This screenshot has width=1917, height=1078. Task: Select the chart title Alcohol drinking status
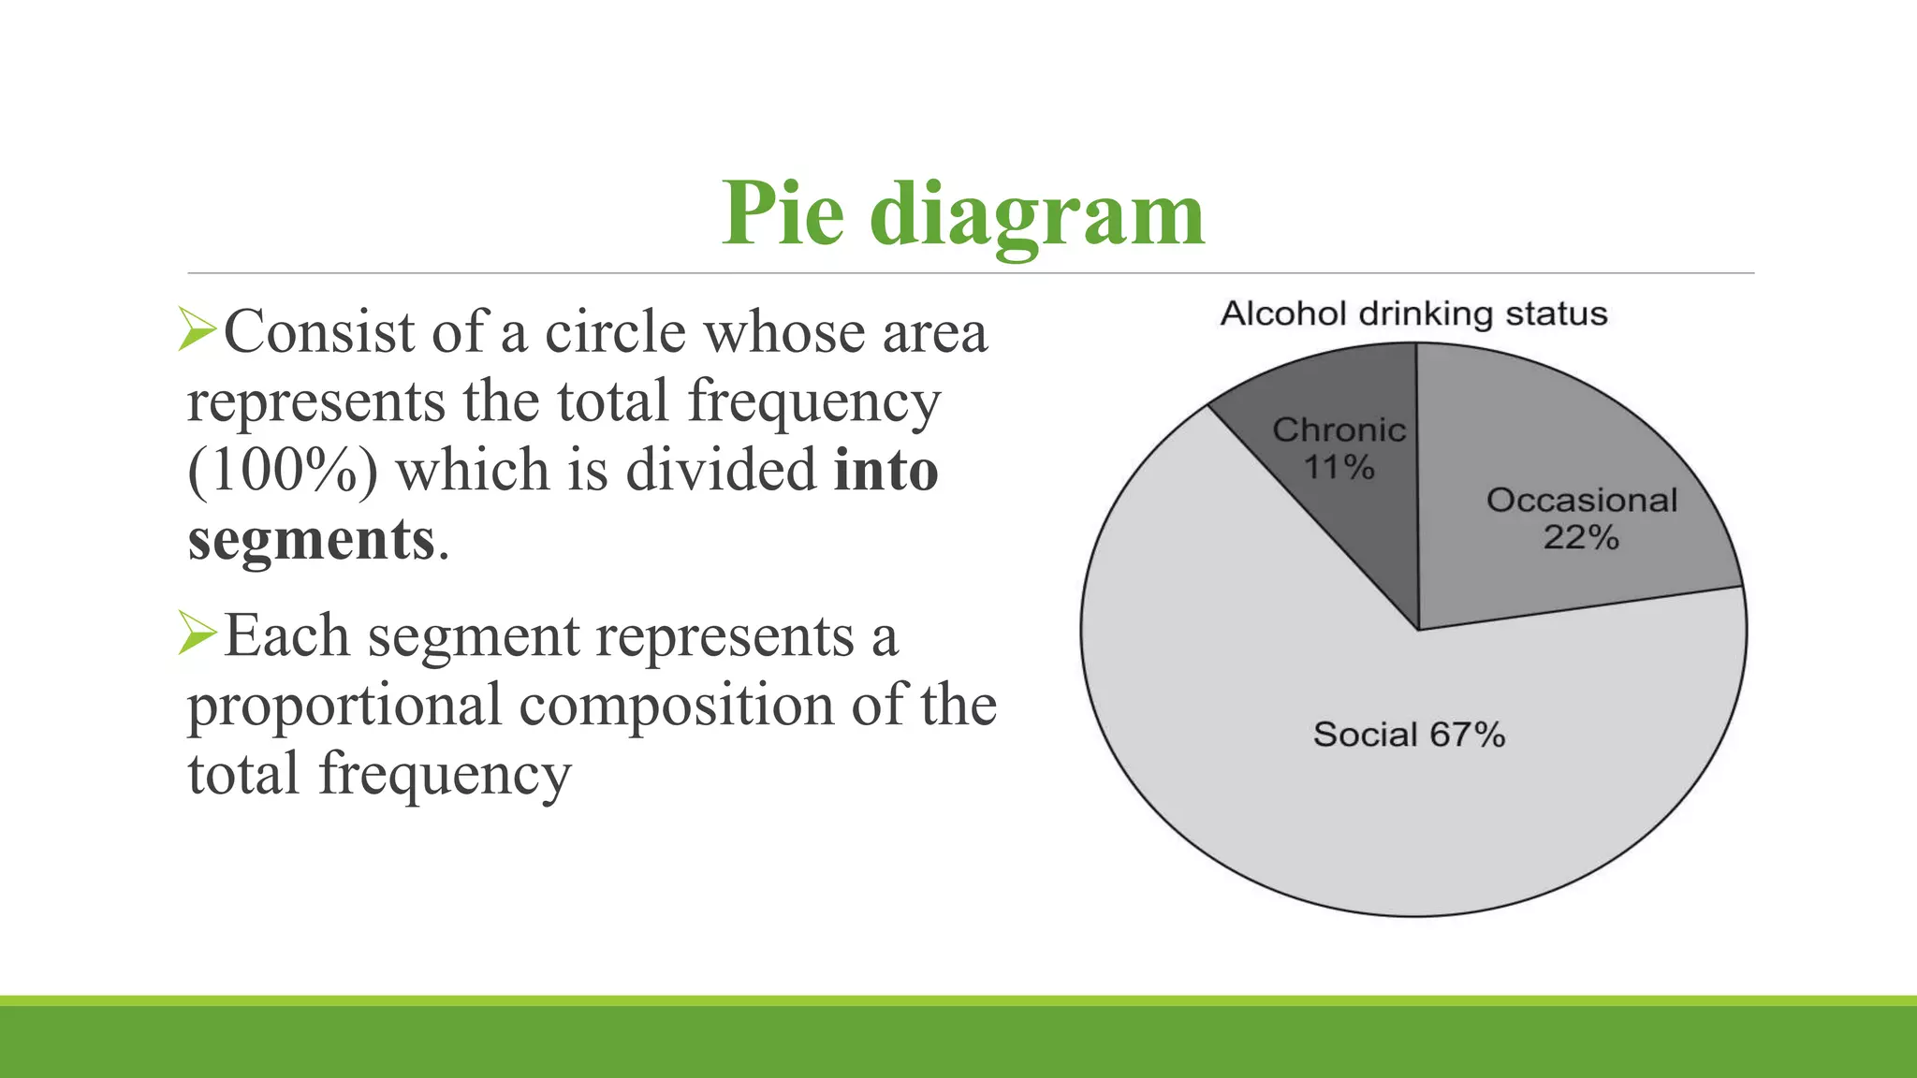click(1413, 313)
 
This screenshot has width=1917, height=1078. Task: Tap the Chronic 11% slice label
click(1339, 448)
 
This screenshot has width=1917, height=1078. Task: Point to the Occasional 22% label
click(1581, 518)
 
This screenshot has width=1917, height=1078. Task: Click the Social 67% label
click(1409, 735)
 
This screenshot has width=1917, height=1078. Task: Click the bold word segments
click(311, 540)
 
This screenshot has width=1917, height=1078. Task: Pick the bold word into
click(885, 470)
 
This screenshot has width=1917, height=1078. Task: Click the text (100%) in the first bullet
click(283, 470)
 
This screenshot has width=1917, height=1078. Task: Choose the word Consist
click(318, 332)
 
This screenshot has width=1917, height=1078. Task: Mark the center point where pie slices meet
click(1418, 629)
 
